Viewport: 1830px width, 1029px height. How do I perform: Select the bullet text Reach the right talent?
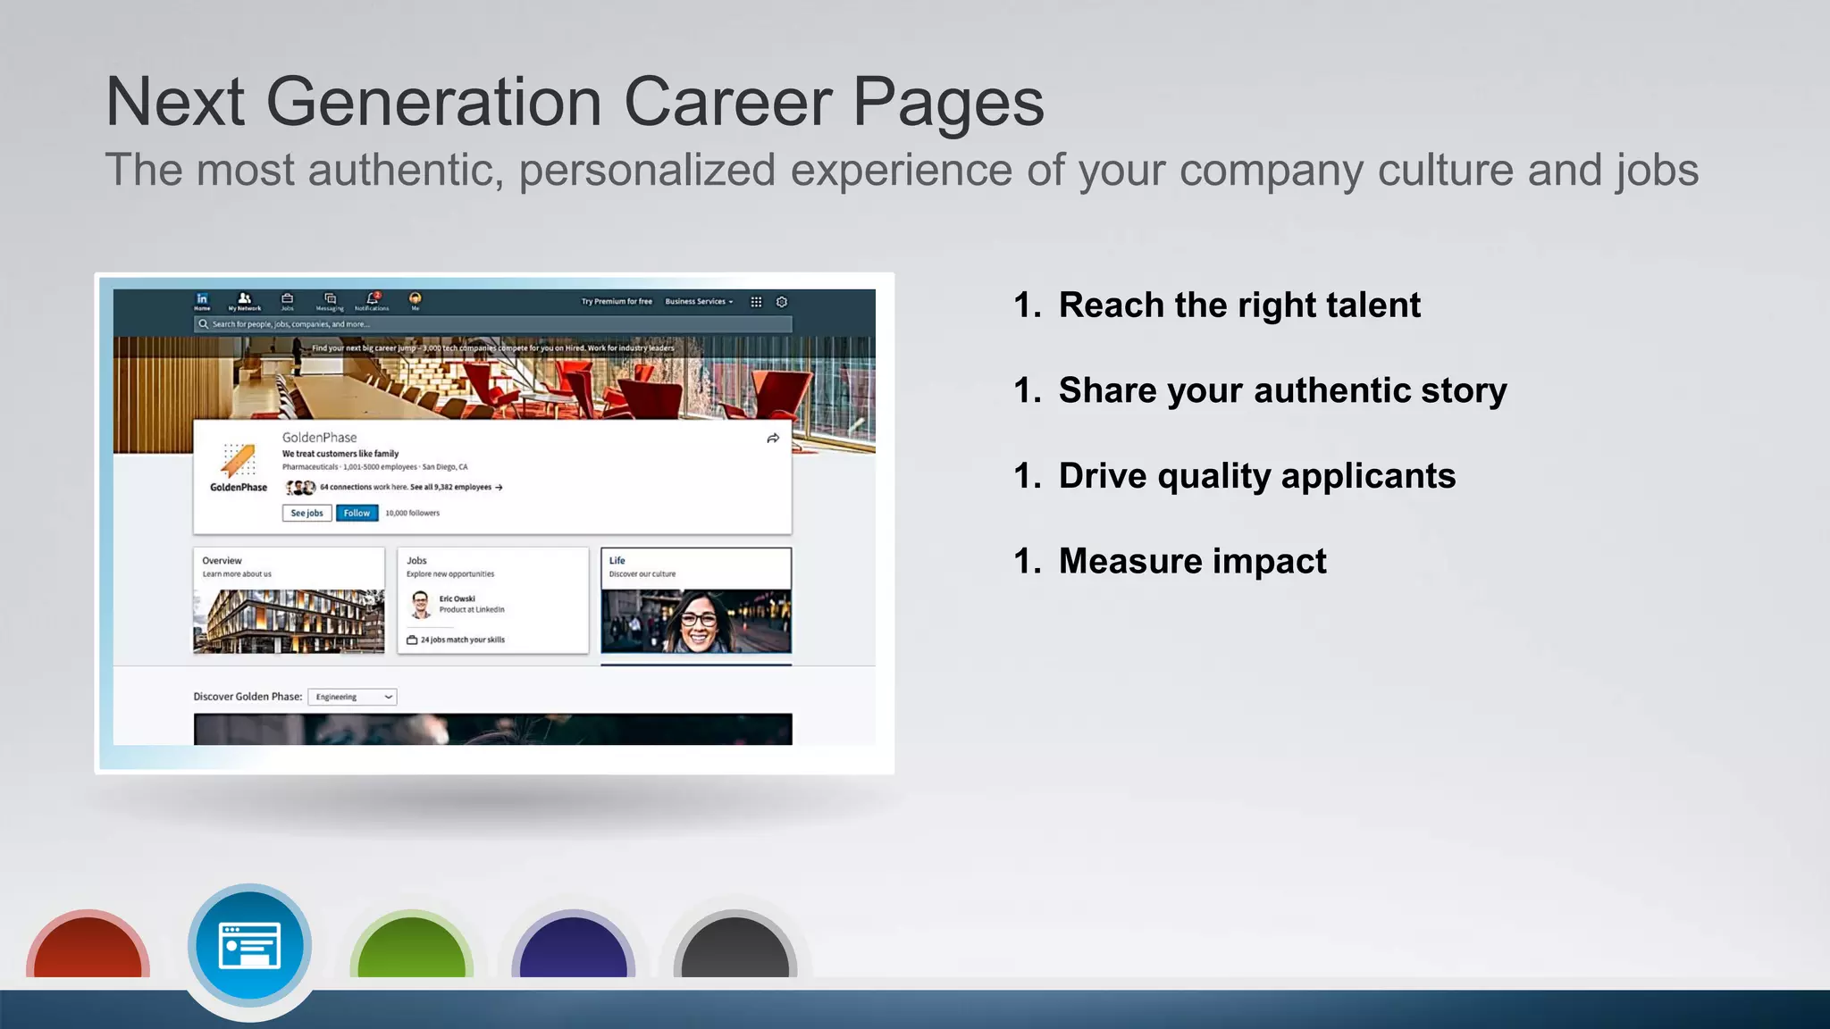click(x=1238, y=305)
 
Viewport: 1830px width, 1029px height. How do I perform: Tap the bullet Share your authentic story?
click(x=1282, y=391)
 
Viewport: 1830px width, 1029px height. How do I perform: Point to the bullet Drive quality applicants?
click(x=1256, y=476)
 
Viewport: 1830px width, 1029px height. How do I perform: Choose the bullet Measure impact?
click(x=1192, y=562)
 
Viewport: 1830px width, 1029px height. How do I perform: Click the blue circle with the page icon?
click(x=250, y=946)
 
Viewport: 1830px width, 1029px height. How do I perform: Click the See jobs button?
click(x=306, y=513)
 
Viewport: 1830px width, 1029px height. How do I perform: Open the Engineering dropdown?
click(x=352, y=697)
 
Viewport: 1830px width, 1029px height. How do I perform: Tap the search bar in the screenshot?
click(x=492, y=324)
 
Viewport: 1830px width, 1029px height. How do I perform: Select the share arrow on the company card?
click(x=773, y=439)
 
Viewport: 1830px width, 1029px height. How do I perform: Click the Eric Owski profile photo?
click(x=420, y=605)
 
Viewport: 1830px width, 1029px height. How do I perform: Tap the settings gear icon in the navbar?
click(x=782, y=302)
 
